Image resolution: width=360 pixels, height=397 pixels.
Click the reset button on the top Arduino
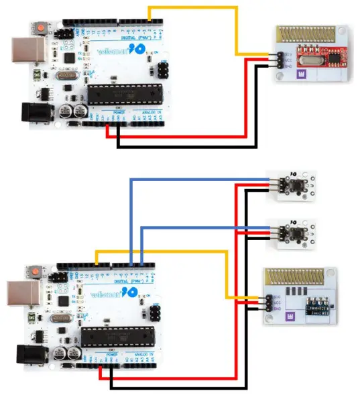[x=42, y=27]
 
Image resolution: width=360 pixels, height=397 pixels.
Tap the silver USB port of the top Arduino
[x=25, y=52]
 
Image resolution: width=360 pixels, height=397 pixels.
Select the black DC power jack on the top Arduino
[x=34, y=110]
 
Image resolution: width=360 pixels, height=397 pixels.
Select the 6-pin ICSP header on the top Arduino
[x=165, y=70]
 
